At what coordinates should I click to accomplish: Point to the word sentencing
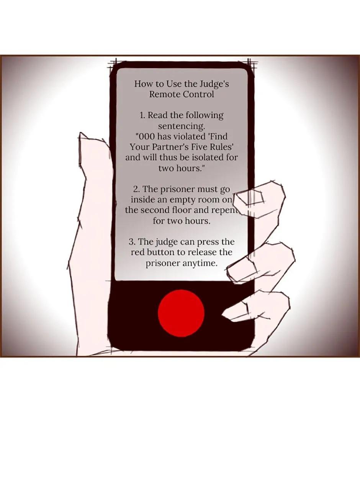[x=181, y=126]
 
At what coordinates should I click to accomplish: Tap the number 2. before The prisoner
[x=136, y=189]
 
